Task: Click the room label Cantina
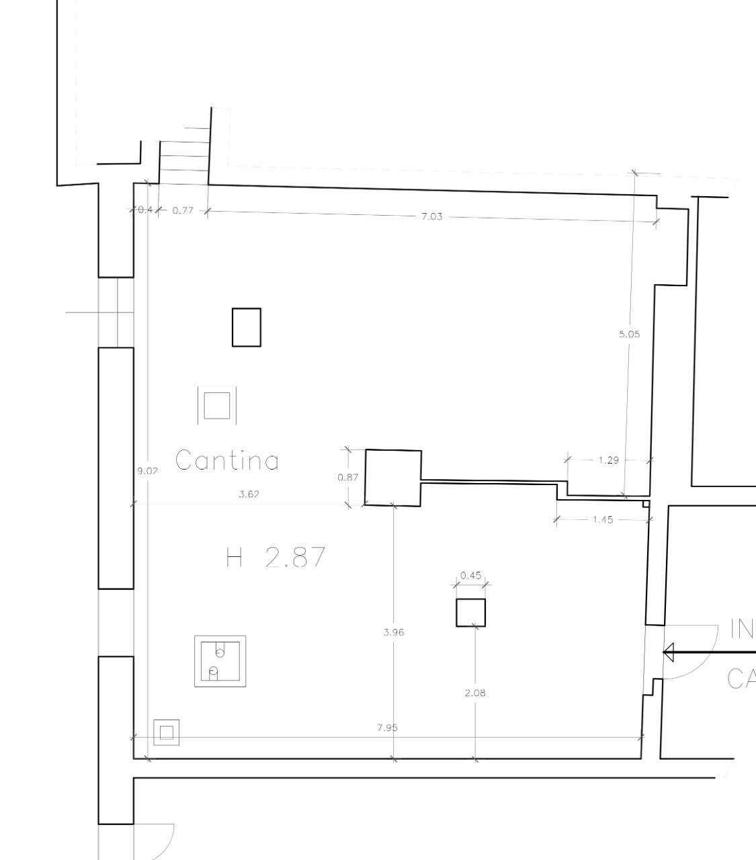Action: pyautogui.click(x=227, y=460)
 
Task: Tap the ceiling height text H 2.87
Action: pyautogui.click(x=276, y=557)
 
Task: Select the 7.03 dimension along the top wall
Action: pyautogui.click(x=431, y=216)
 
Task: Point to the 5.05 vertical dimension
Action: pyautogui.click(x=629, y=333)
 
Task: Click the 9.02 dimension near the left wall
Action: pyautogui.click(x=147, y=471)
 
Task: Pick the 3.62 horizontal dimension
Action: pyautogui.click(x=249, y=494)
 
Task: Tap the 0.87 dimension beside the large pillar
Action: pyautogui.click(x=347, y=477)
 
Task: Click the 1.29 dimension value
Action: pyautogui.click(x=608, y=460)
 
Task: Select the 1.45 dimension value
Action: pyautogui.click(x=603, y=519)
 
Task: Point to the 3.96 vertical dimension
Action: pyautogui.click(x=393, y=632)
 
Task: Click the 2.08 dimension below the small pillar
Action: pyautogui.click(x=475, y=693)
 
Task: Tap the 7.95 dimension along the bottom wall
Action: pyautogui.click(x=388, y=728)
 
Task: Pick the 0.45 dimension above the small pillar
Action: pyautogui.click(x=470, y=575)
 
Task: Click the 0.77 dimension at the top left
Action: pyautogui.click(x=182, y=210)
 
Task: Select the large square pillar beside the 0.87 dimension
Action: pyautogui.click(x=393, y=477)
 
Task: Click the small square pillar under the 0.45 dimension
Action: pyautogui.click(x=470, y=612)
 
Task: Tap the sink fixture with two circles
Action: pyautogui.click(x=220, y=661)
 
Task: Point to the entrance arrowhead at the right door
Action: pyautogui.click(x=669, y=652)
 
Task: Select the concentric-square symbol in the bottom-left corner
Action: pyautogui.click(x=166, y=733)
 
